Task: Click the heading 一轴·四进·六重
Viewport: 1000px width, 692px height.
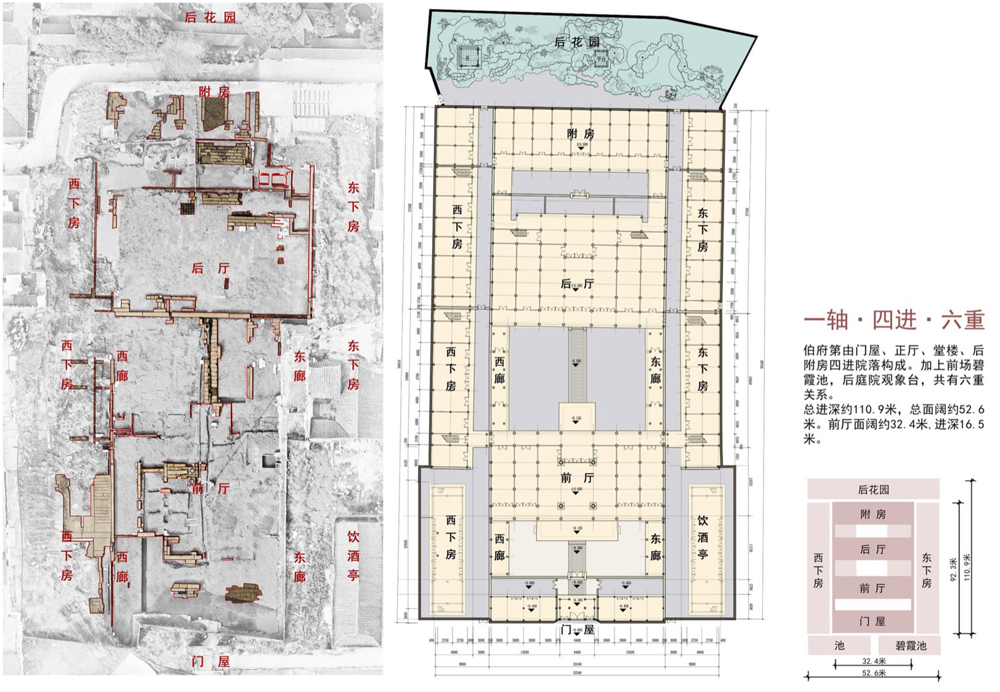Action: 894,320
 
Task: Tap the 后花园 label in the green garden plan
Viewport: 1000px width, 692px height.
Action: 577,42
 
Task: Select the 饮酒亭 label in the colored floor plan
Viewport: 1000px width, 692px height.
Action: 703,537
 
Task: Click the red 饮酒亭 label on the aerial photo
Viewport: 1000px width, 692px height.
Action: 353,555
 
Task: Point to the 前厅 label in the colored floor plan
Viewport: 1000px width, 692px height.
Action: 576,478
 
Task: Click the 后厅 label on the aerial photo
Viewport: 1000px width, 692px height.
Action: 211,268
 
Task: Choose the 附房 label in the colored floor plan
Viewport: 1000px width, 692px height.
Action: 580,134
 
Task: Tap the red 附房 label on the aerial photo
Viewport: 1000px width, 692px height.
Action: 214,91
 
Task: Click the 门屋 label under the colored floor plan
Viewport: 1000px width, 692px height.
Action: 576,630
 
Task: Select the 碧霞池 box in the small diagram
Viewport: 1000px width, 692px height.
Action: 910,646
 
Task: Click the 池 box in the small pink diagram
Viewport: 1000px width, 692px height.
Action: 839,646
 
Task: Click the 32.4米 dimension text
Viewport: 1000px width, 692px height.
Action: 874,661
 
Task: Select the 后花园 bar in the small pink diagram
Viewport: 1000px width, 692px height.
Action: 873,489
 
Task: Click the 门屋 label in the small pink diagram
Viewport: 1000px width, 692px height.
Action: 872,621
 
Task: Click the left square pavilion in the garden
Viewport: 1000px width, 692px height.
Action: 468,56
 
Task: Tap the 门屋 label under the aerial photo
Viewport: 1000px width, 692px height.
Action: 211,661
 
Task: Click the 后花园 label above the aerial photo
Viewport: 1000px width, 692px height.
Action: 210,17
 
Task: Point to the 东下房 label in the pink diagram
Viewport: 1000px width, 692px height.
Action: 926,570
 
